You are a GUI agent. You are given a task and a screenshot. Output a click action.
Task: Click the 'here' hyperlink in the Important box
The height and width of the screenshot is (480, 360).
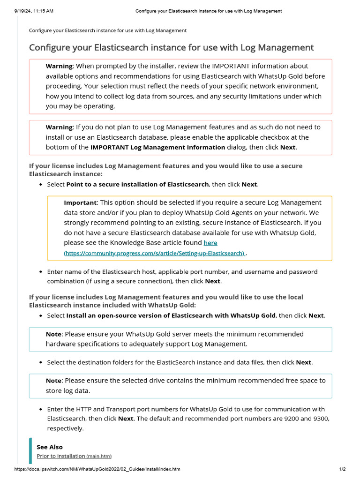(210, 243)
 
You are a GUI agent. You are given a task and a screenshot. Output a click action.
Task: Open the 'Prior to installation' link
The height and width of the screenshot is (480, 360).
(61, 456)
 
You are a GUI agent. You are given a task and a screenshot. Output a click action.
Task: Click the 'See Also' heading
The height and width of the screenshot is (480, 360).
(49, 447)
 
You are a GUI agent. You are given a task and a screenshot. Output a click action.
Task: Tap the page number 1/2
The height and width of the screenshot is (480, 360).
(342, 469)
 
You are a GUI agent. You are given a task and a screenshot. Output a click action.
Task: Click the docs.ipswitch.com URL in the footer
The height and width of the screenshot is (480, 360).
(97, 469)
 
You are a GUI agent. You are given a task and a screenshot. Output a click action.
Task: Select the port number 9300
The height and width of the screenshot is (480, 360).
(321, 419)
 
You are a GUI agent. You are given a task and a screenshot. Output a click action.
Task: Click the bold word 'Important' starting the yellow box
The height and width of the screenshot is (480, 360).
(80, 202)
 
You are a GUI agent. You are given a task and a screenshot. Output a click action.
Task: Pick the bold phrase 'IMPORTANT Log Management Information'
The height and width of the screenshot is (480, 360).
(157, 147)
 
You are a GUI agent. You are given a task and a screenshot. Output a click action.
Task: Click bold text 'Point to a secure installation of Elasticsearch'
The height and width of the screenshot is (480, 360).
(137, 184)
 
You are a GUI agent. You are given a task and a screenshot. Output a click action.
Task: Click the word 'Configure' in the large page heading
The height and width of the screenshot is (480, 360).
(50, 47)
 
